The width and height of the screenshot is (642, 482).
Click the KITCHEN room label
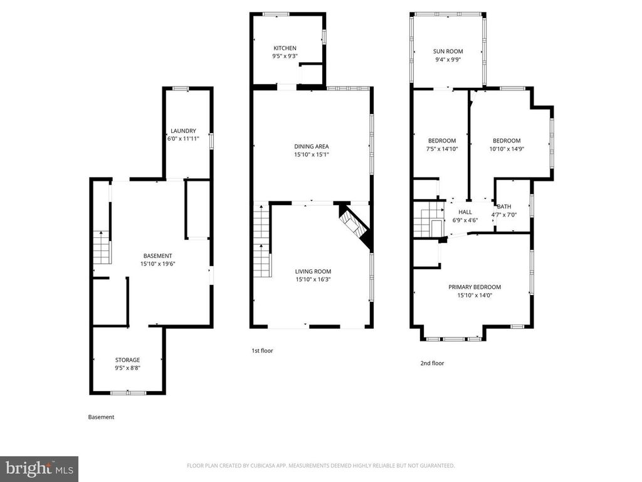click(x=285, y=48)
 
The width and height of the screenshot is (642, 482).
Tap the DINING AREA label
click(x=312, y=146)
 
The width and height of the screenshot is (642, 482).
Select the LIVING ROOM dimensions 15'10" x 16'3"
click(x=313, y=279)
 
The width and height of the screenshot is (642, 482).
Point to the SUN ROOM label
click(x=448, y=51)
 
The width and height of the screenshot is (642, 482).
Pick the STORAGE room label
click(x=127, y=360)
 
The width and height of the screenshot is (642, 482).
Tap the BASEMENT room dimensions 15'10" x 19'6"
click(x=157, y=264)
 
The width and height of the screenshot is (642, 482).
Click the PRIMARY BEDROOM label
click(x=475, y=287)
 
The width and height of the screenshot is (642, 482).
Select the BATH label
click(x=504, y=206)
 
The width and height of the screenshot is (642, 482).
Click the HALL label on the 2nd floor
click(x=465, y=212)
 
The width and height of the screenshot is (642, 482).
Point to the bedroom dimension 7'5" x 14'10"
click(x=442, y=149)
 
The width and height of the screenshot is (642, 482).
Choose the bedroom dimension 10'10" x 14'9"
click(x=507, y=149)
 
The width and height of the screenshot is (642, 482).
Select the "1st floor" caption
click(x=262, y=351)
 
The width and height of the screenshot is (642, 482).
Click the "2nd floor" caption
click(x=432, y=363)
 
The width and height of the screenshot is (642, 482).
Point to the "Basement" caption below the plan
click(x=101, y=417)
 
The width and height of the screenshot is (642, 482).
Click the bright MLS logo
click(x=38, y=468)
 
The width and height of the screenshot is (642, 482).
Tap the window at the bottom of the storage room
click(x=129, y=393)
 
